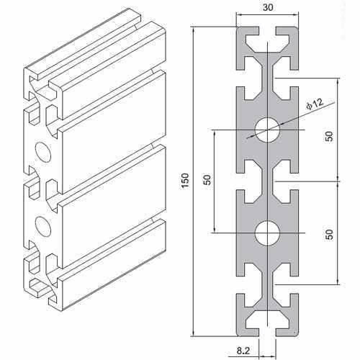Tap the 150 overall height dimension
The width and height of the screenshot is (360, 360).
pos(184,181)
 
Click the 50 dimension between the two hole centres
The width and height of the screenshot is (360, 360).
pos(206,181)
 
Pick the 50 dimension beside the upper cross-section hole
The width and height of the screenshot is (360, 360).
pos(329,137)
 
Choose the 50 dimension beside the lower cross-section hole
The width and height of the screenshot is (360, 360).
pos(329,234)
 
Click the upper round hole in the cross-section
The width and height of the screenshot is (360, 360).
pos(266,130)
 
